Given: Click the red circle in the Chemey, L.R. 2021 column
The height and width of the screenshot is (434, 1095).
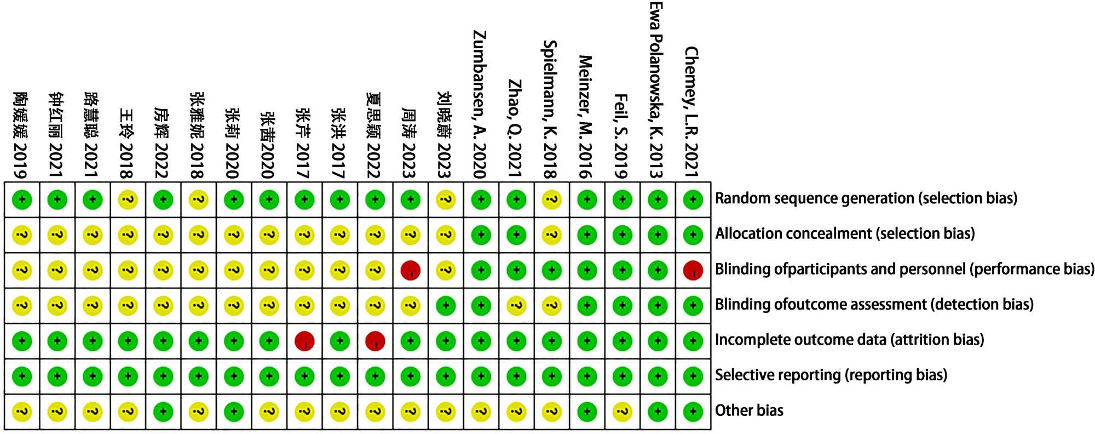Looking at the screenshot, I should [x=693, y=270].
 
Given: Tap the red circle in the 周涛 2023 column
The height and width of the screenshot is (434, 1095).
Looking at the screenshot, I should [x=410, y=270].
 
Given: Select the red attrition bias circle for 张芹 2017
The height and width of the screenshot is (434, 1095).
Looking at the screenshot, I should [x=304, y=341].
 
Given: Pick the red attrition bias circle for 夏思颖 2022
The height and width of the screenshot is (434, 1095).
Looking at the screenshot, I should [x=375, y=341].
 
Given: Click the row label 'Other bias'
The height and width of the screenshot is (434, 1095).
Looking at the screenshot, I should [x=749, y=410].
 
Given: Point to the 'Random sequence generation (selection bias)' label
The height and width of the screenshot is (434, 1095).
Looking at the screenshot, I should [x=866, y=198].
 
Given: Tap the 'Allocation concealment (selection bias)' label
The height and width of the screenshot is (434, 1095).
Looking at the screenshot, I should [x=845, y=234].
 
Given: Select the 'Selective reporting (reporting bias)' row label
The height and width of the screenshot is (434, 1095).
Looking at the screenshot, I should [x=831, y=375].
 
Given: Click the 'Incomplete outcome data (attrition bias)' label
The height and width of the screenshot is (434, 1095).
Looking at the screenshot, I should [x=849, y=340].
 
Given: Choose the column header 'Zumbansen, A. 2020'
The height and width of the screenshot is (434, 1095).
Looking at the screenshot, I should [x=480, y=104].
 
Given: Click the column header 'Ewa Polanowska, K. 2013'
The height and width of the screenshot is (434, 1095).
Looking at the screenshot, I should [x=656, y=90].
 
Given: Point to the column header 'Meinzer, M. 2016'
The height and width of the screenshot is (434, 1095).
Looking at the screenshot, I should [x=586, y=117].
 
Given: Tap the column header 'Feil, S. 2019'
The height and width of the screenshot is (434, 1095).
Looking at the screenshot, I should [x=621, y=136].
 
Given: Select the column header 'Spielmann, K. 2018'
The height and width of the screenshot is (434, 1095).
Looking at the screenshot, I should [x=550, y=110].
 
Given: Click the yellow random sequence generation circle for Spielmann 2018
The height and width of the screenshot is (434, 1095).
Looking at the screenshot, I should [x=551, y=199].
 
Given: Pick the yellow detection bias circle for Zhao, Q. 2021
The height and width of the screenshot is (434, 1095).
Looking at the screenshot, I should [x=516, y=305].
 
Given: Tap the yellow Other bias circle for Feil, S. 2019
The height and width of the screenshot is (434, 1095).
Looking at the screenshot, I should [x=622, y=412].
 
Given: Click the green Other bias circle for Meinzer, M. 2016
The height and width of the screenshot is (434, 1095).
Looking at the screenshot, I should [x=587, y=412].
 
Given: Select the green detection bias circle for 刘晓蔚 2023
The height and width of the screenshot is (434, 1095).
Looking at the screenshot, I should [x=446, y=305].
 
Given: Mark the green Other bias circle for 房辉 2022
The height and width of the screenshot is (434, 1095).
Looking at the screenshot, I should [x=163, y=412].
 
